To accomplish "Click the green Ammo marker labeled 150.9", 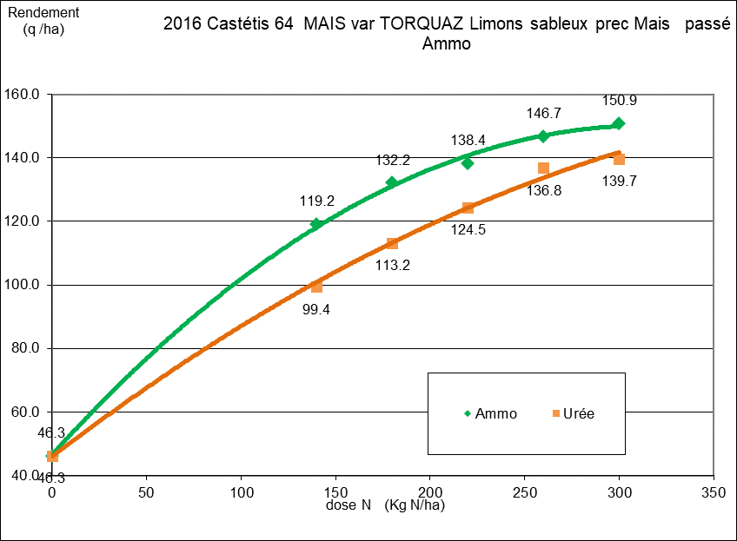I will point(618,123).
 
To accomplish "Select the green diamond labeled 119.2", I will point(316,224).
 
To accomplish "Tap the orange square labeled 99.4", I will point(316,287).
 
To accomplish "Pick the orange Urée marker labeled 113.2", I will point(392,243).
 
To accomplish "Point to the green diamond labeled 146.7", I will point(543,136).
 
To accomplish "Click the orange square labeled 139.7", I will point(619,159).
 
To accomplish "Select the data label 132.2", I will point(391,160).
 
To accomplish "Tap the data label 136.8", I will point(543,190).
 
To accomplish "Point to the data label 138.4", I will point(468,139).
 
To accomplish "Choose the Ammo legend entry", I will point(491,413).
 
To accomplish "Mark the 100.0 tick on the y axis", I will point(24,285).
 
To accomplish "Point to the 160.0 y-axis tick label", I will point(24,94).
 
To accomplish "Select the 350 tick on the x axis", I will point(713,492).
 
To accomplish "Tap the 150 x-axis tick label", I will point(335,492).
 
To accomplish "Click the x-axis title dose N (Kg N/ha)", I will point(384,505).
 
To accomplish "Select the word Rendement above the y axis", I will point(43,12).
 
